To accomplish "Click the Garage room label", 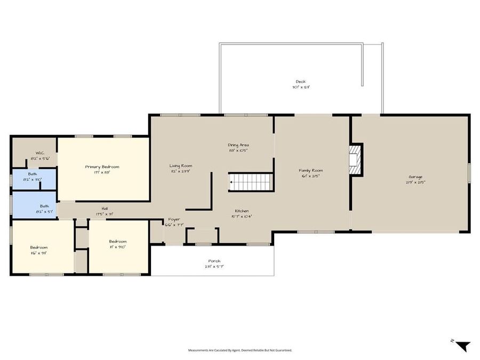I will (415, 177).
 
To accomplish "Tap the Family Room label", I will (310, 171).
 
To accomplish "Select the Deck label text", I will (301, 82).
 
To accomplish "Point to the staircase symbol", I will (251, 182).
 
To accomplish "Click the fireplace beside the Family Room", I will (355, 159).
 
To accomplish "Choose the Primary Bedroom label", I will (102, 167).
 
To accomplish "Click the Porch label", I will (214, 261).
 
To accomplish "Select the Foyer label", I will (174, 219).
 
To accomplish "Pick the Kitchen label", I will (242, 211).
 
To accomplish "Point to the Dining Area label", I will (238, 145).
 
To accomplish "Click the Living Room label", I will (181, 166).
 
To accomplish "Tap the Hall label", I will (105, 209).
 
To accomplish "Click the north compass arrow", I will (462, 346).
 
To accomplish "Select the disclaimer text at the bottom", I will (240, 350).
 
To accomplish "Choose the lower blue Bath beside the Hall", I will (44, 206).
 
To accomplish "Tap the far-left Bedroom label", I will (38, 247).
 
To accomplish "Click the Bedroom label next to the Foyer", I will (118, 241).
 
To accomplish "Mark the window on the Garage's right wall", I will (469, 173).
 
